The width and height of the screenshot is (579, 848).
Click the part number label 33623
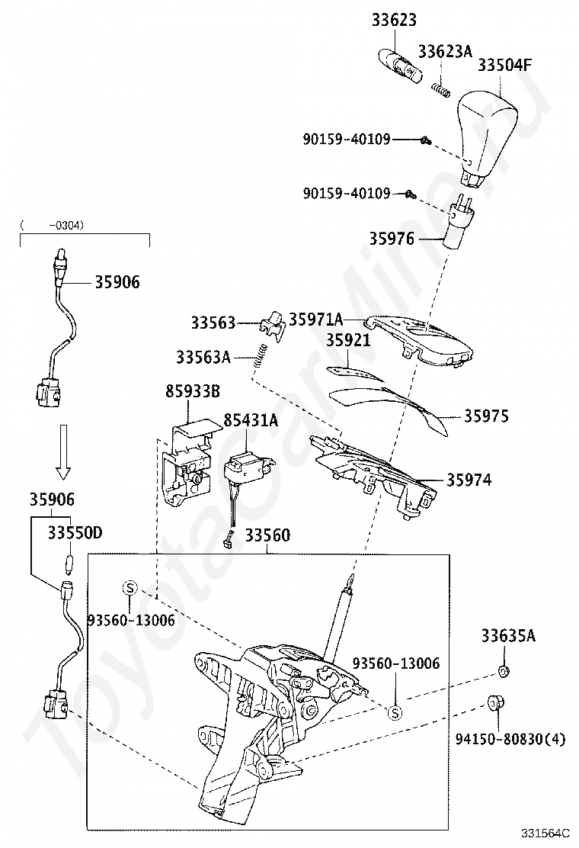394,20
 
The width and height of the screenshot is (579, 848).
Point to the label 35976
392,238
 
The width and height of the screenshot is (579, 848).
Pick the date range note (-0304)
53,225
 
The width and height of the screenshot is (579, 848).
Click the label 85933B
192,391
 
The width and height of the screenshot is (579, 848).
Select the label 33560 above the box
267,535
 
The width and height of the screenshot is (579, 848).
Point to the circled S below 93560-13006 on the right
395,713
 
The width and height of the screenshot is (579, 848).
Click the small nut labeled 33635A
504,671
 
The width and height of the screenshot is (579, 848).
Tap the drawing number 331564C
545,832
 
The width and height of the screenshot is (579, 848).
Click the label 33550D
75,533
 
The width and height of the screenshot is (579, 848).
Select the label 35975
486,416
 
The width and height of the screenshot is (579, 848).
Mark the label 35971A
316,319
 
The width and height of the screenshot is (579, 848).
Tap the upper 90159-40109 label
346,140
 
